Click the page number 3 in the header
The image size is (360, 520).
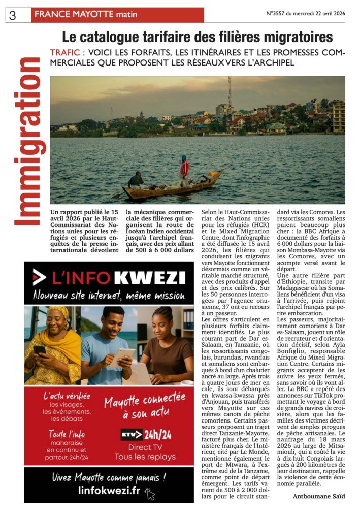pyautogui.click(x=12, y=15)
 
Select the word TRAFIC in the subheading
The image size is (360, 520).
pyautogui.click(x=67, y=52)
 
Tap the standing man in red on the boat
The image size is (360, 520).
pyautogui.click(x=184, y=169)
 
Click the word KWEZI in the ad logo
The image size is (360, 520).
pyautogui.click(x=149, y=278)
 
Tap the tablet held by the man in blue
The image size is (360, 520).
pyautogui.click(x=122, y=356)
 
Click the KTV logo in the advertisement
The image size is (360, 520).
pyautogui.click(x=131, y=435)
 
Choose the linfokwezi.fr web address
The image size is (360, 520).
pyautogui.click(x=109, y=490)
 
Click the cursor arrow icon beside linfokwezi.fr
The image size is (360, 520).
pyautogui.click(x=149, y=493)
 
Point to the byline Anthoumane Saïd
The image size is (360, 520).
pyautogui.click(x=318, y=496)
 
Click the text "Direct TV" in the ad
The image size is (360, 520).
pyautogui.click(x=145, y=447)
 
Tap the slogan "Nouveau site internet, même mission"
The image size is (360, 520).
pyautogui.click(x=109, y=295)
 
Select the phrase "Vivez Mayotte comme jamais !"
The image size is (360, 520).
pyautogui.click(x=109, y=477)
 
